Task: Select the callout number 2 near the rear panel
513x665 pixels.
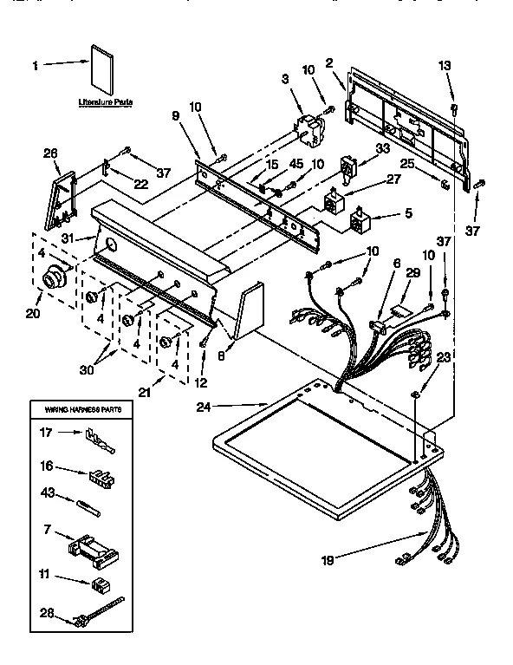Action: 330,62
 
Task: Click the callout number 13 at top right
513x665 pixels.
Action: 444,66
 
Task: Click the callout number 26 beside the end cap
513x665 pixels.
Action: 50,153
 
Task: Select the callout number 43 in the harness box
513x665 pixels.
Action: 49,493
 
